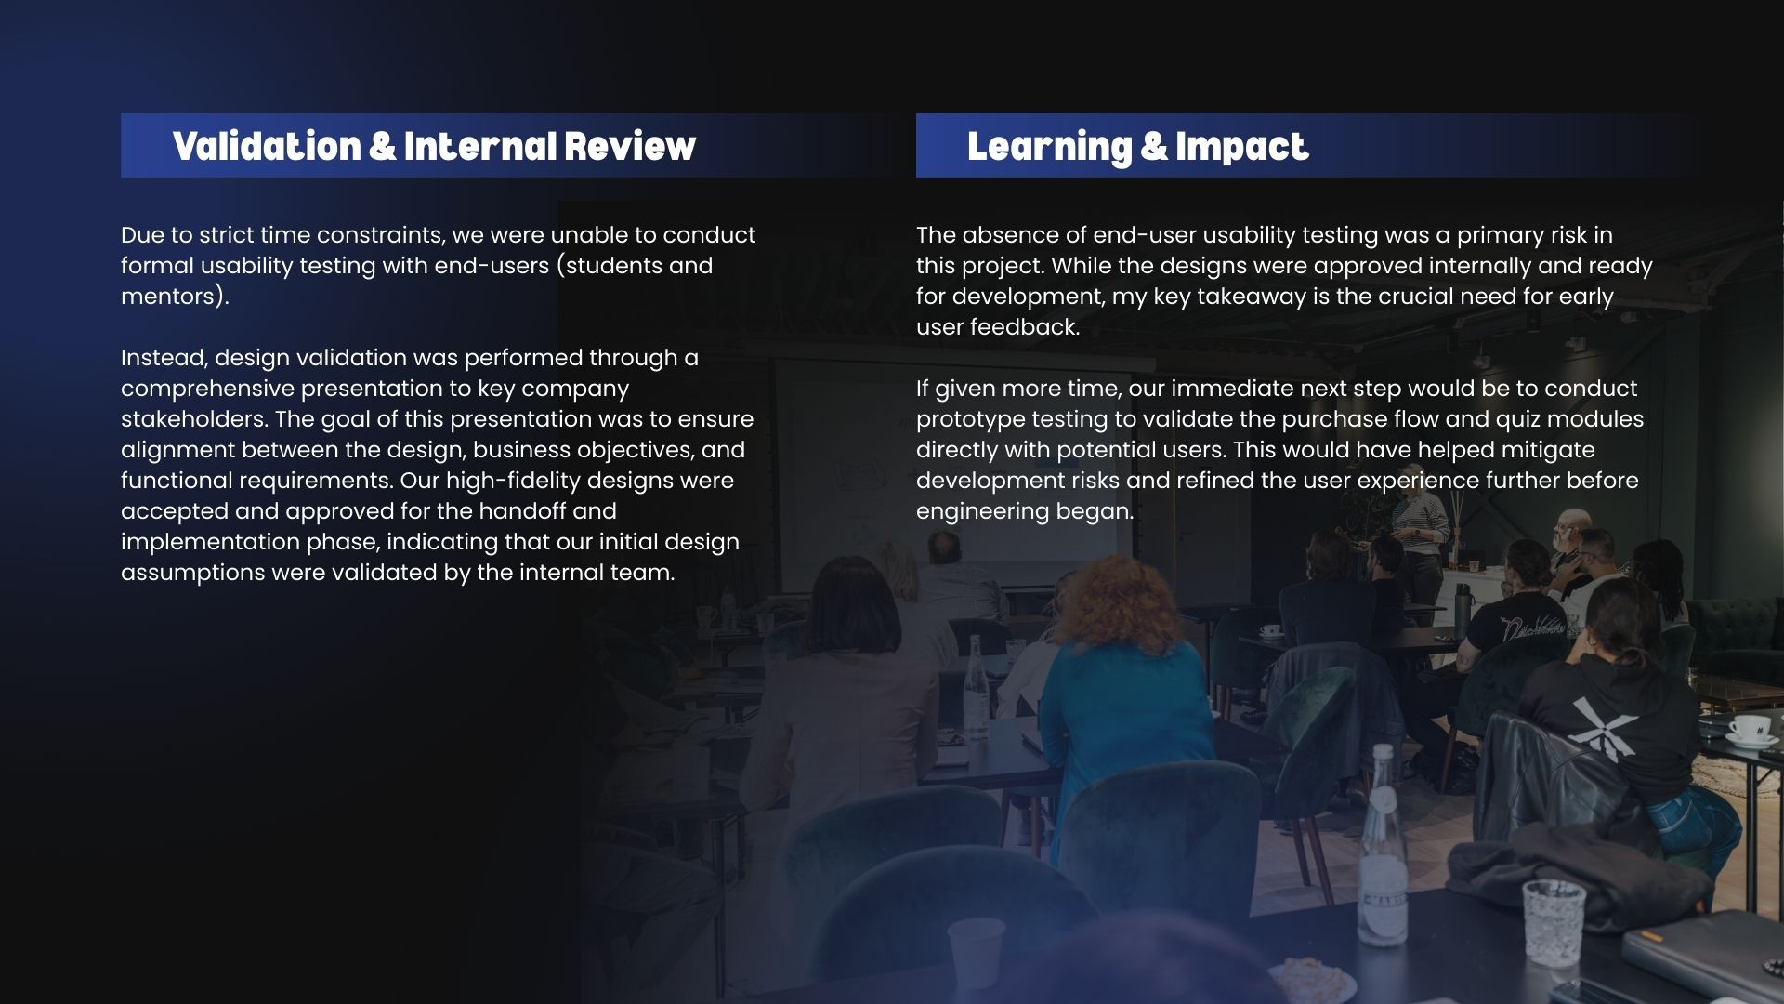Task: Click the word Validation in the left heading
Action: point(267,147)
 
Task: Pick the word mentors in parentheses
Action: point(170,296)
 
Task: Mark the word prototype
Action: point(970,420)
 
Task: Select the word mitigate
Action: point(1549,451)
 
